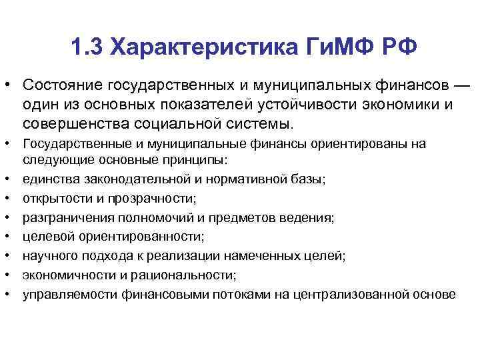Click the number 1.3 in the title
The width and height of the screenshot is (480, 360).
pyautogui.click(x=86, y=47)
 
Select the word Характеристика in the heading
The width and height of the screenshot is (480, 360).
pyautogui.click(x=189, y=47)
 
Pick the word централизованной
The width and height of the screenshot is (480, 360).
pyautogui.click(x=351, y=293)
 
